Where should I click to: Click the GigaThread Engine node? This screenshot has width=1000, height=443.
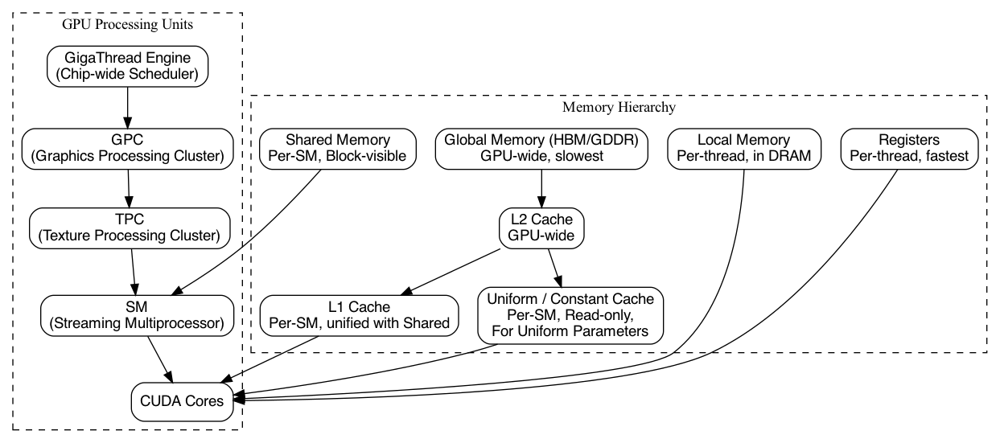coord(127,66)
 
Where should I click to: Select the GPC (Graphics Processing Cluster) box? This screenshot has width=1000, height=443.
coord(127,148)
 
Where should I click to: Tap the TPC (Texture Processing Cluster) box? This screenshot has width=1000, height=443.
coord(127,228)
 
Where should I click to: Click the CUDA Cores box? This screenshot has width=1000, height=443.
coord(183,400)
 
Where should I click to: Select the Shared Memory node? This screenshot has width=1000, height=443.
coord(338,148)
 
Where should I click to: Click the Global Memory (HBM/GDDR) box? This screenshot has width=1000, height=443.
coord(541,148)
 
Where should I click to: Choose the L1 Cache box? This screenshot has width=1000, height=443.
coord(359,316)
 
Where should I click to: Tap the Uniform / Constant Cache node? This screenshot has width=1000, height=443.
coord(570,315)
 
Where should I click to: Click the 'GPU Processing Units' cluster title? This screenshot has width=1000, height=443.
coord(127,25)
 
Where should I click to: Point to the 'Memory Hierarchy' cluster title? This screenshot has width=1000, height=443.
coord(618,107)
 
